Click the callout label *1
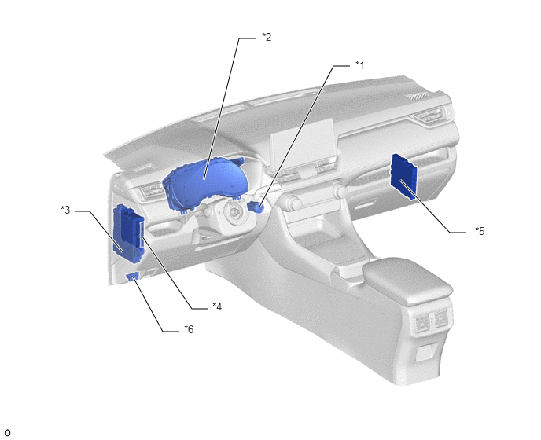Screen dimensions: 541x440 [x=360, y=65]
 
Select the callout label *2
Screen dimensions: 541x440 [x=267, y=37]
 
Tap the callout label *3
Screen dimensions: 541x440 [x=65, y=210]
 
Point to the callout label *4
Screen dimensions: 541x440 [x=217, y=306]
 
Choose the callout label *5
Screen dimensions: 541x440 [x=480, y=231]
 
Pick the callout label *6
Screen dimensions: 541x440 [x=189, y=329]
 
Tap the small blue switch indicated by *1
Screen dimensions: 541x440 [x=256, y=207]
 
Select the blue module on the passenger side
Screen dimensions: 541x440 [x=403, y=177]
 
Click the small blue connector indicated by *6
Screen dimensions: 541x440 [x=133, y=277]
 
